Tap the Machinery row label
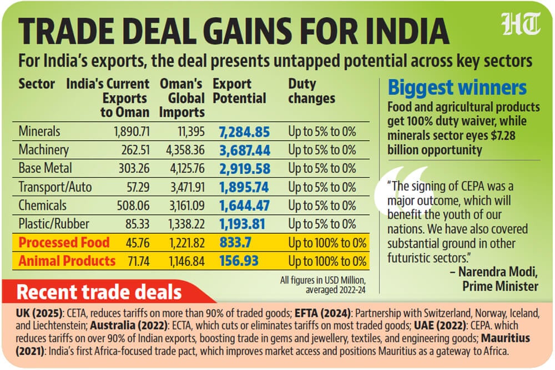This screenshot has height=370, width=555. point(43,150)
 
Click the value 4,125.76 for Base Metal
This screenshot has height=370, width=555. point(182,168)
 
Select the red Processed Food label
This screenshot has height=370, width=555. point(64,242)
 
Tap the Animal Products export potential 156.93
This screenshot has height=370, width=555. point(239,260)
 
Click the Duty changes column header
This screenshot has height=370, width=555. point(311,91)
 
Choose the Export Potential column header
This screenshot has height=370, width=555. point(239,91)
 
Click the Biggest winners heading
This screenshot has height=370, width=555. point(457,88)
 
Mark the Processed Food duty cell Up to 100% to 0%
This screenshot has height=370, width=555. point(327,242)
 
